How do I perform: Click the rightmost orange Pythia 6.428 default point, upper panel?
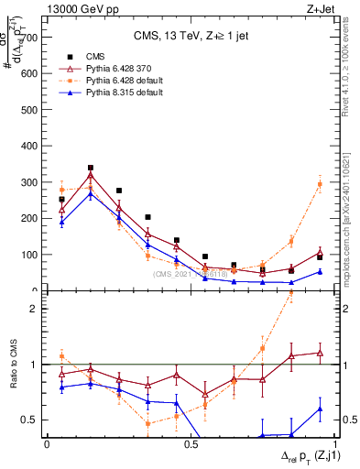(x=320, y=184)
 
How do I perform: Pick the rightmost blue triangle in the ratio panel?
(x=320, y=409)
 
